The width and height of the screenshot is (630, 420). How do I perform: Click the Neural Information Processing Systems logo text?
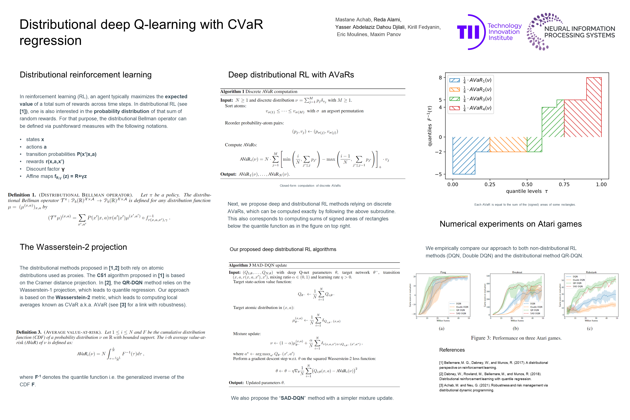pyautogui.click(x=579, y=32)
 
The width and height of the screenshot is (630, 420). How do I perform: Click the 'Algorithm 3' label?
pyautogui.click(x=240, y=265)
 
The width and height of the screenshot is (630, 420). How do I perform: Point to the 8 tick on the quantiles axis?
pyautogui.click(x=440, y=78)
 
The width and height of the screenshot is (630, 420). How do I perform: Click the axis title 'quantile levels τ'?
pyautogui.click(x=527, y=191)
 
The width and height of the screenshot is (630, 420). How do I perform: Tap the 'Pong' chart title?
pyautogui.click(x=443, y=272)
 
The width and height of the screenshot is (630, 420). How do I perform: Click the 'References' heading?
pyautogui.click(x=452, y=350)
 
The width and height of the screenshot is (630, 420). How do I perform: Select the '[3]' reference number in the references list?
pyautogui.click(x=441, y=385)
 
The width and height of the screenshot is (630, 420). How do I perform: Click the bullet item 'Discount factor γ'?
pyautogui.click(x=45, y=169)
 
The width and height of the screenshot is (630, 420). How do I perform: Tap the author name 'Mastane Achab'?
pyautogui.click(x=353, y=20)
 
